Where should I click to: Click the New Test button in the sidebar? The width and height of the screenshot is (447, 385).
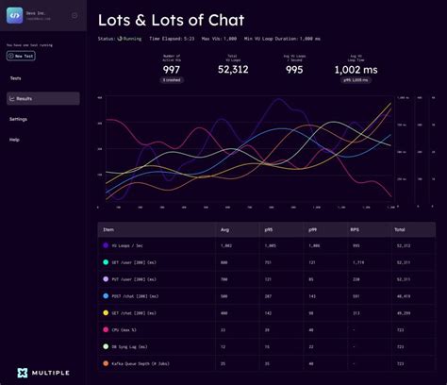[21, 56]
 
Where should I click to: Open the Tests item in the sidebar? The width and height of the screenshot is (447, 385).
[15, 78]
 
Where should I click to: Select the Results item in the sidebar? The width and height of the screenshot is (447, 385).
[25, 98]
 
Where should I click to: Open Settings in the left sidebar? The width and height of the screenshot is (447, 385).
[19, 119]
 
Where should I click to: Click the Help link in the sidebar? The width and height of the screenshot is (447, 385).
[14, 140]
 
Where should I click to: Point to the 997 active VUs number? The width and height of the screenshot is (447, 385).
[171, 70]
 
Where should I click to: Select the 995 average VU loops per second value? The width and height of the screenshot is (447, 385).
[295, 70]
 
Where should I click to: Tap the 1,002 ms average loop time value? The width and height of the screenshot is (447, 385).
[356, 70]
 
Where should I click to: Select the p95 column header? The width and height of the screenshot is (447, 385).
[270, 228]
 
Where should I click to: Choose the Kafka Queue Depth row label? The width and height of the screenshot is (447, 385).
[136, 363]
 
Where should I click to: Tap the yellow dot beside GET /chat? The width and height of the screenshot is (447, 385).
[106, 312]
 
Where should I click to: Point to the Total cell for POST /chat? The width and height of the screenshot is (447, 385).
[404, 295]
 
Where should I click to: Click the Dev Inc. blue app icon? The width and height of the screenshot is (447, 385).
[15, 15]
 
